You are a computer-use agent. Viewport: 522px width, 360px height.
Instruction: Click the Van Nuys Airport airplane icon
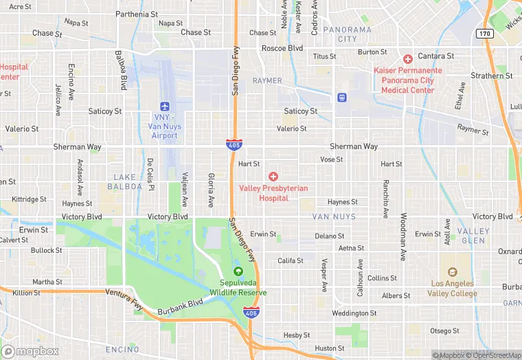pyautogui.click(x=164, y=106)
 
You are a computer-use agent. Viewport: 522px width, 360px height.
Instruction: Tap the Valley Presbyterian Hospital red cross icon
pyautogui.click(x=273, y=177)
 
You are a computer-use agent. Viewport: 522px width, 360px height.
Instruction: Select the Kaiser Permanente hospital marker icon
pyautogui.click(x=408, y=59)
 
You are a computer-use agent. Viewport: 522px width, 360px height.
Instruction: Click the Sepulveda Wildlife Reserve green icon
pyautogui.click(x=238, y=271)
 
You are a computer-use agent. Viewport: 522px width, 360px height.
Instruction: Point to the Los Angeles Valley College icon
pyautogui.click(x=451, y=273)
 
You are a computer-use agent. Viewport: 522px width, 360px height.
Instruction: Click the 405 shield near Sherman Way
pyautogui.click(x=234, y=144)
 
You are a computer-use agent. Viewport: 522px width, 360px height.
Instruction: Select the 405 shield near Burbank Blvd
pyautogui.click(x=253, y=313)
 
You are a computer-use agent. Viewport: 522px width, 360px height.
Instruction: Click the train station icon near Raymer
pyautogui.click(x=342, y=98)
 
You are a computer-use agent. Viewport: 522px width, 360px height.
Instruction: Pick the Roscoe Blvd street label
pyautogui.click(x=282, y=49)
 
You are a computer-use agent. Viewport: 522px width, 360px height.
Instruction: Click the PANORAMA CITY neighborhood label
pyautogui.click(x=348, y=34)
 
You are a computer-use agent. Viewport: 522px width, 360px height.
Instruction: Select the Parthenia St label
pyautogui.click(x=137, y=14)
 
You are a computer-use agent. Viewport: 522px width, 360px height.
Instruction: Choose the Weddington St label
pyautogui.click(x=354, y=313)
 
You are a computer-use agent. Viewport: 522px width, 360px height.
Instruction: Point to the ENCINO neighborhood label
pyautogui.click(x=122, y=350)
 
